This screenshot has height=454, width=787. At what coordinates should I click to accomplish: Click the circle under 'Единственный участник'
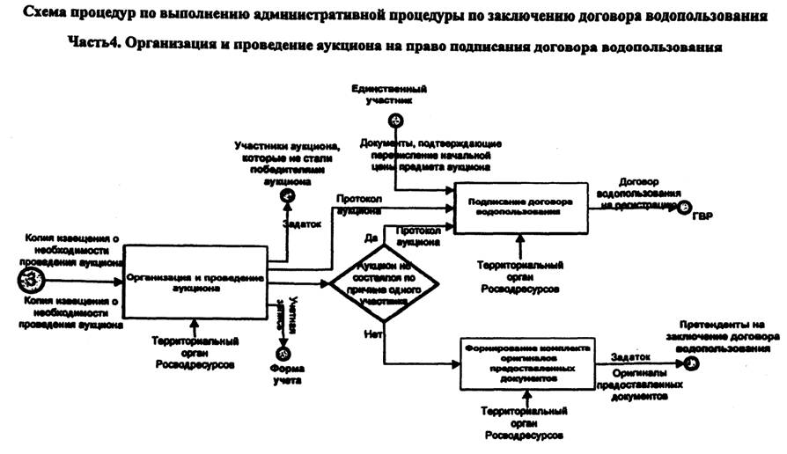pos(396,121)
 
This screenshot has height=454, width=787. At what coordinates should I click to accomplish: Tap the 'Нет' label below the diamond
pos(371,333)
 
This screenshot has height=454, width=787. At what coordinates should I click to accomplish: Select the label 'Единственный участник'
pos(388,95)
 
